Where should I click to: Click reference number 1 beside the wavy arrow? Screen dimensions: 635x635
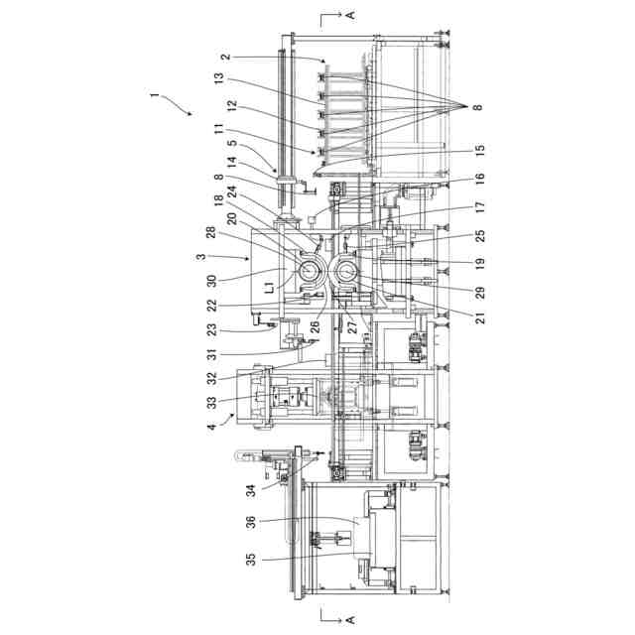coord(154,96)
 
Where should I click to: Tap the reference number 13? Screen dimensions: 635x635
coord(219,78)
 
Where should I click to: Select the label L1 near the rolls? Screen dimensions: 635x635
coord(270,288)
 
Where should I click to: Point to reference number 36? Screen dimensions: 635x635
coord(251,522)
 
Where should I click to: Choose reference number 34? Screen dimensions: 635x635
coord(251,491)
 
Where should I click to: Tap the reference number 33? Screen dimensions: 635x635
coord(211,403)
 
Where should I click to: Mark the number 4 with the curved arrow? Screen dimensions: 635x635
coord(211,426)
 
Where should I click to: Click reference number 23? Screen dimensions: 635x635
coord(211,329)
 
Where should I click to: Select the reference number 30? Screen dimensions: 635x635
coord(211,281)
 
